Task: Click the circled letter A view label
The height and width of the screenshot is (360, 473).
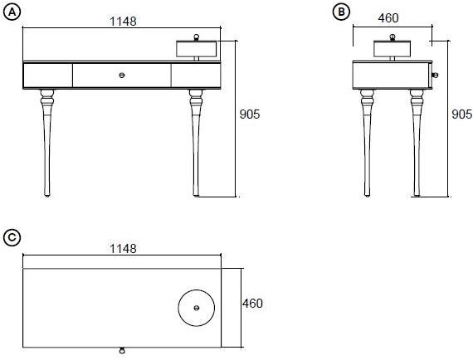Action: coord(12,12)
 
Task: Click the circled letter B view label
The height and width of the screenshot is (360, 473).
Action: coord(342,12)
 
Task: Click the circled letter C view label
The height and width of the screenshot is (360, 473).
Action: coord(12,237)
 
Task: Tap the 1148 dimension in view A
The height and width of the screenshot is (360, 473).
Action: coord(123,22)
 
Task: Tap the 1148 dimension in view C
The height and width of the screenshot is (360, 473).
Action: coord(123,249)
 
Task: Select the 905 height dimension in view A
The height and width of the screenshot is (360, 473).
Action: coord(250,114)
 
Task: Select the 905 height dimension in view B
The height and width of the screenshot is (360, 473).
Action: coord(462,114)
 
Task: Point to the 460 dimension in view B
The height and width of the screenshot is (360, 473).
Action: coord(388,18)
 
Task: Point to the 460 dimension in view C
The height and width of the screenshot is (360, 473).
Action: coord(252,304)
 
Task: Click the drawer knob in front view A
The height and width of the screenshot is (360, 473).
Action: coord(122,75)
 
